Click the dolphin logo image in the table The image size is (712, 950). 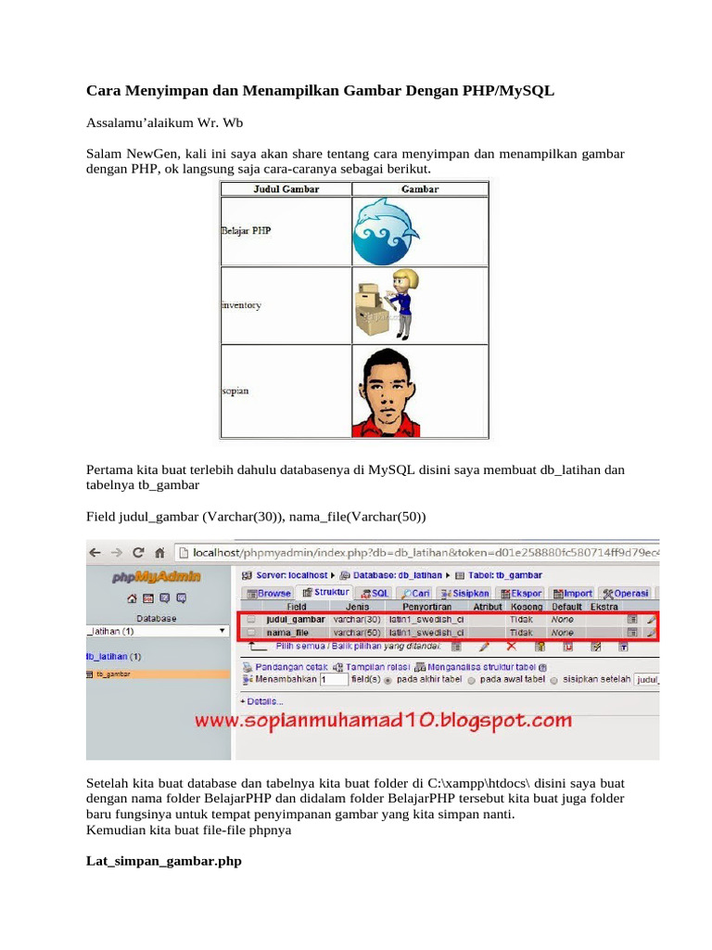(x=387, y=231)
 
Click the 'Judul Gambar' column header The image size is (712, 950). (x=286, y=189)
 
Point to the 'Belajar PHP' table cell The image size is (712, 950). (x=247, y=231)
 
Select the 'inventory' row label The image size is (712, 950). (x=241, y=304)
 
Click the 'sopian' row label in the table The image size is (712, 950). (x=235, y=391)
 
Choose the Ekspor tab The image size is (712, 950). (x=521, y=593)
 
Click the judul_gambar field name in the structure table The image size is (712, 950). (x=295, y=618)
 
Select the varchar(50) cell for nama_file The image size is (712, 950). (x=357, y=632)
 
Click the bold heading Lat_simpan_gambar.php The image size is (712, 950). (x=164, y=861)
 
